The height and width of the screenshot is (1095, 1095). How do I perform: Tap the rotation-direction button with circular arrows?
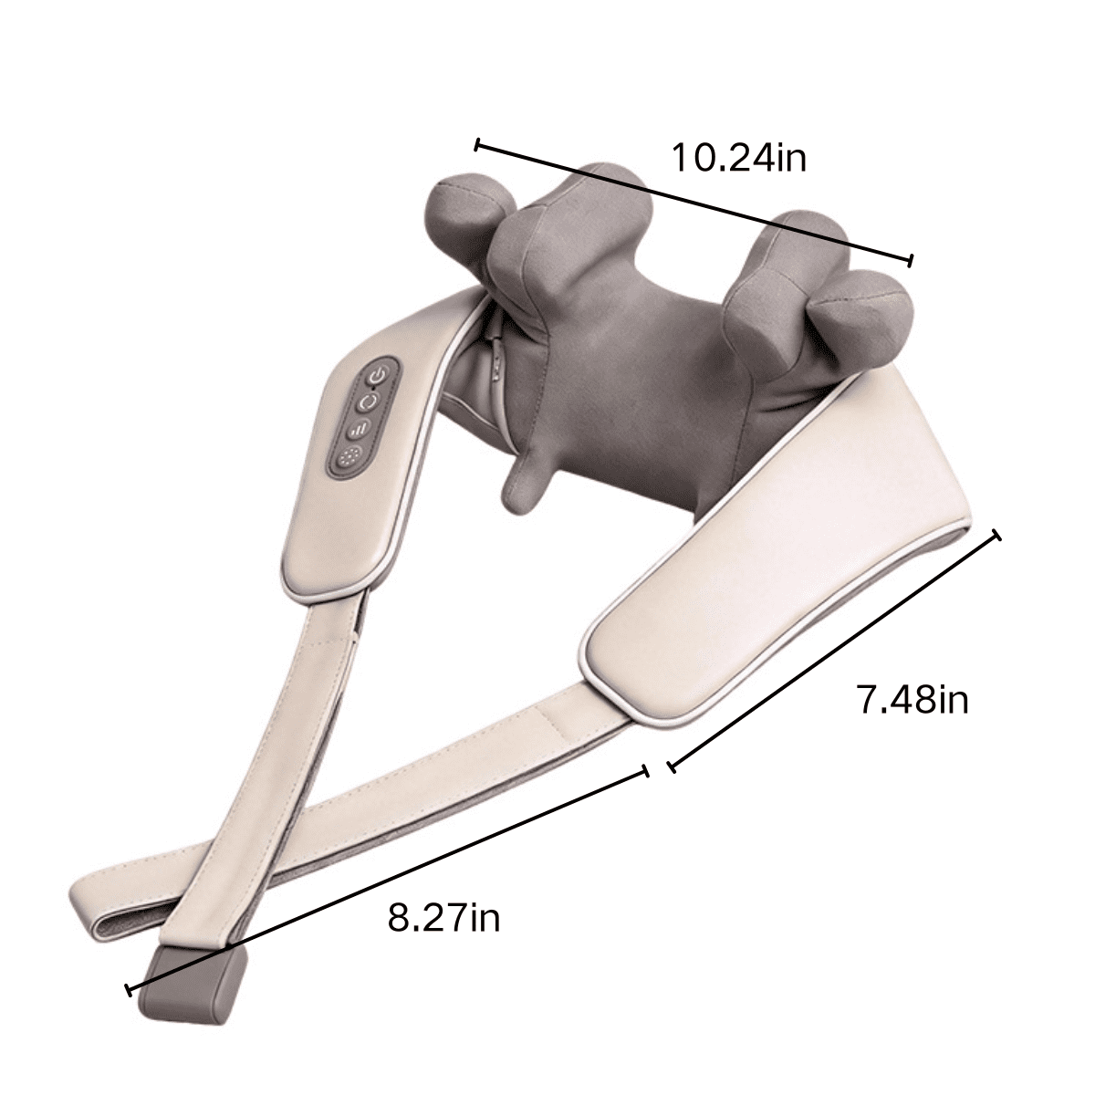click(369, 403)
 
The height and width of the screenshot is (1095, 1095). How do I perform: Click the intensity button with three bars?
click(360, 430)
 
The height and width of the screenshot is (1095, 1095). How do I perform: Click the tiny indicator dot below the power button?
click(373, 389)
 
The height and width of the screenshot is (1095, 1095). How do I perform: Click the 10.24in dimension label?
click(738, 158)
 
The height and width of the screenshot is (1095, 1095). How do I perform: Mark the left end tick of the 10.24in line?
click(477, 145)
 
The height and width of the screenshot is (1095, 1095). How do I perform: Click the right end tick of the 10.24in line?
click(911, 260)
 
